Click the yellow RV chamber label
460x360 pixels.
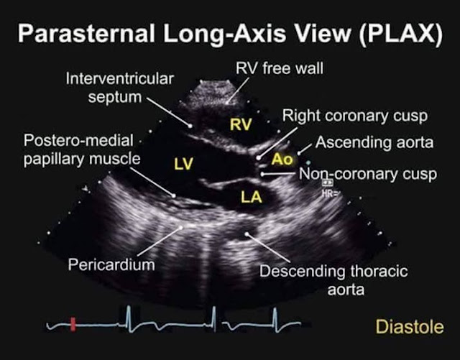coord(240,125)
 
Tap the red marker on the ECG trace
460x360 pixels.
coord(73,326)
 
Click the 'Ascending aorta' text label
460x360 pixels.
coord(374,142)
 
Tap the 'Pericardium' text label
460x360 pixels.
coord(111,264)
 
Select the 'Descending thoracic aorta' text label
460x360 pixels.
coord(333,281)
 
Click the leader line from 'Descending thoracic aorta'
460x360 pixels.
coord(271,249)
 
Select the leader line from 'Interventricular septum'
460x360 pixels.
coord(170,114)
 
